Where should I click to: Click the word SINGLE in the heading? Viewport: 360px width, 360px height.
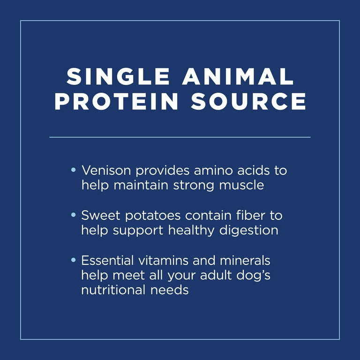[118, 76]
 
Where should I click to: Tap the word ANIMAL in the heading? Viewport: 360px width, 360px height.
[238, 76]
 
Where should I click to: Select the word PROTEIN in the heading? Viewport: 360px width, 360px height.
[116, 101]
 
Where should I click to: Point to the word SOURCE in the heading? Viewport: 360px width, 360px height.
[248, 101]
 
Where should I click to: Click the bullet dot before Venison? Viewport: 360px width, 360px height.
[74, 170]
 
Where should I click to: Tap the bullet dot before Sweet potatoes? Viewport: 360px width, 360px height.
[74, 215]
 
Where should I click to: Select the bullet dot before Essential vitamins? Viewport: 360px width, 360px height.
[74, 260]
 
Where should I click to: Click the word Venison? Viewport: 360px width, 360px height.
[106, 171]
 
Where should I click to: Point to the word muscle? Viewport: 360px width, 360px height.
[241, 185]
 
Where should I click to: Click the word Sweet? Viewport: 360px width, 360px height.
[101, 216]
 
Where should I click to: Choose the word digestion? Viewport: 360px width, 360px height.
[249, 231]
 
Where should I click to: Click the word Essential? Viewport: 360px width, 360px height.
[107, 261]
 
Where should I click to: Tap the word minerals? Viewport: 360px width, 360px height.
[245, 261]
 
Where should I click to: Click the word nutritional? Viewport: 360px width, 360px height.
[113, 290]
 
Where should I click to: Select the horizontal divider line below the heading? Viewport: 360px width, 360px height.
[180, 137]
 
